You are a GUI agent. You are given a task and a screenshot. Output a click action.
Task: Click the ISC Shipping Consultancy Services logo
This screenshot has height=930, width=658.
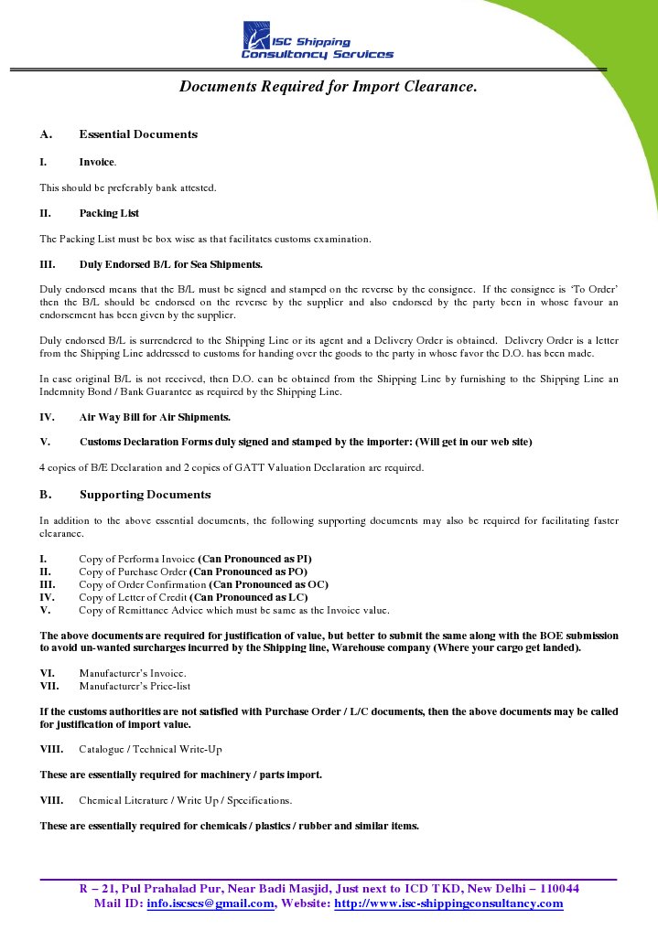(317, 42)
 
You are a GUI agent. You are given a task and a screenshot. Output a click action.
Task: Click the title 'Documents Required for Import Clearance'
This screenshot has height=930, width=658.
(328, 87)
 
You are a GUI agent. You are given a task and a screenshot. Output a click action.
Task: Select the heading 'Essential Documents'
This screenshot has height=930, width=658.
(138, 134)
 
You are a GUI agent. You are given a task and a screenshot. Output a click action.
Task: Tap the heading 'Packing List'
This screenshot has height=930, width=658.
(109, 213)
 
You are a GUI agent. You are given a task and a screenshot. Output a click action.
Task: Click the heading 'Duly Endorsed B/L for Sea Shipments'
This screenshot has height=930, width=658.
(170, 265)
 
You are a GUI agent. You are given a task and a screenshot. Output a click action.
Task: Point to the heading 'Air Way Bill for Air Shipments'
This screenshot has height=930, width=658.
(155, 417)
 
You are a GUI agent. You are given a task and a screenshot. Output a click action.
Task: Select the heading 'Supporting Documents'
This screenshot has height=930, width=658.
(145, 495)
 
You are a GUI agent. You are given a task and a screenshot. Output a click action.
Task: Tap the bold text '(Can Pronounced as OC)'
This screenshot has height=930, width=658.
(268, 584)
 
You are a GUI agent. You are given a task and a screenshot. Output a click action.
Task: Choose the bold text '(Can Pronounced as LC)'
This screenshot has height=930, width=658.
(242, 597)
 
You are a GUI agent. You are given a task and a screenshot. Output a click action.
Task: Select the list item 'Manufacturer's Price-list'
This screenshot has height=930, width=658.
(135, 685)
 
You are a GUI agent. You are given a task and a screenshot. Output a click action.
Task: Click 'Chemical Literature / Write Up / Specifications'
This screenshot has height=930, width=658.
(185, 800)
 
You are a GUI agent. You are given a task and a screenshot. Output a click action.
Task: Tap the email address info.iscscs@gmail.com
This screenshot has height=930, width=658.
(210, 904)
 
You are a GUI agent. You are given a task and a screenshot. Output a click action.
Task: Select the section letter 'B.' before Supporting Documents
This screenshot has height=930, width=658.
(45, 495)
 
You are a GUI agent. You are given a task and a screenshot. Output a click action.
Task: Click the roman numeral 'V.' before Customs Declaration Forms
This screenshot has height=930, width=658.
(44, 443)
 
